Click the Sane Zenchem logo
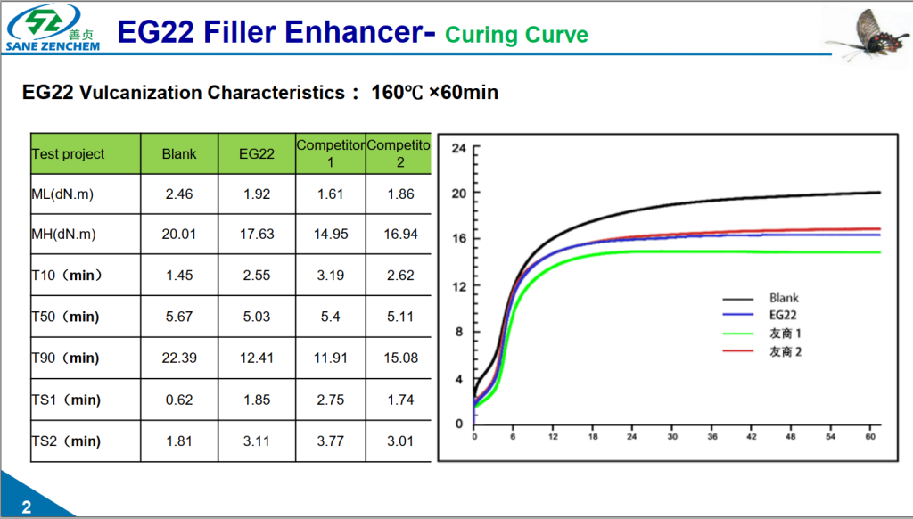[x=52, y=27]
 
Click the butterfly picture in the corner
[x=862, y=34]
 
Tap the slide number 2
[x=26, y=507]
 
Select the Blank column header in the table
[x=179, y=154]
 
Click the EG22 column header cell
[x=257, y=154]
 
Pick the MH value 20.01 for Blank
[x=179, y=235]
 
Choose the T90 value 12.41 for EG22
[x=257, y=358]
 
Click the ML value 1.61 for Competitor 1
[x=331, y=194]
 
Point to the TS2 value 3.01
[x=400, y=441]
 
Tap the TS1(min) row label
[x=66, y=400]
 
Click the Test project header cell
[x=69, y=154]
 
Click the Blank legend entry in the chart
[x=784, y=298]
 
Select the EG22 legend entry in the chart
[x=783, y=315]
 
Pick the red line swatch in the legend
[x=737, y=351]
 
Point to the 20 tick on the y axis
[x=458, y=193]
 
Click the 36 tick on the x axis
[x=712, y=438]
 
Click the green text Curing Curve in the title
[x=516, y=35]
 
